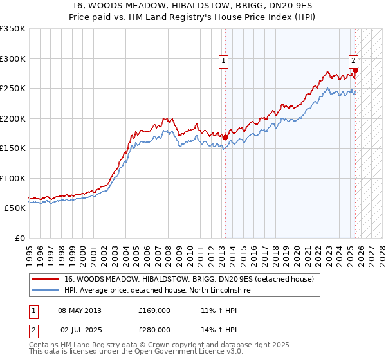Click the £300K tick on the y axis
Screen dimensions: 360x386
tap(12, 59)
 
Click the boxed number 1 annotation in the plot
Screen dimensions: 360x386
tap(223, 62)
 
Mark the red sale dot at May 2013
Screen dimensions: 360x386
tap(225, 137)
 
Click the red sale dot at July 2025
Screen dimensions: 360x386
tap(356, 71)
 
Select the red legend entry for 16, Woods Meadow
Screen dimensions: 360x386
tap(188, 279)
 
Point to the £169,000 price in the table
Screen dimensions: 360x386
tap(154, 310)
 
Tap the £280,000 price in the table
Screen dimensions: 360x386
tap(154, 329)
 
